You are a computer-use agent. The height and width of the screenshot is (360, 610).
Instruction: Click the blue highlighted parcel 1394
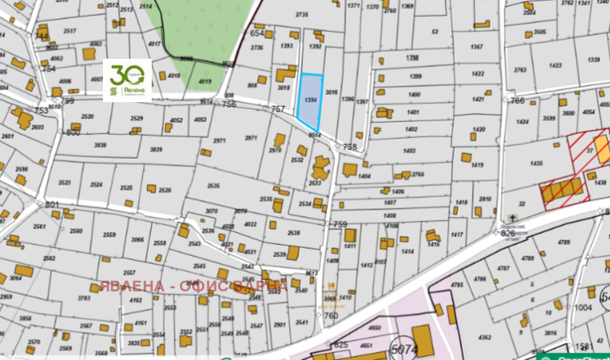click(x=309, y=101)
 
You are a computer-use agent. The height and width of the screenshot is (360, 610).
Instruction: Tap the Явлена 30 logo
click(x=127, y=79)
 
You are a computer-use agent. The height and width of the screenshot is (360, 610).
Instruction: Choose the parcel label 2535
click(x=213, y=185)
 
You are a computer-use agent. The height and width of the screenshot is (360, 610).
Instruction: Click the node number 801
click(x=52, y=204)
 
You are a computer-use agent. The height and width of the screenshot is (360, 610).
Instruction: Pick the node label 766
click(x=518, y=101)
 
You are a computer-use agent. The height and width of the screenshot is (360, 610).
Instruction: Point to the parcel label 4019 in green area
click(x=204, y=81)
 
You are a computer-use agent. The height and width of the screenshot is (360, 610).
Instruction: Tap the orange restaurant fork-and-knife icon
click(x=331, y=288)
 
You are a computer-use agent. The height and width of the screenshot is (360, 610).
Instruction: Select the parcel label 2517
click(x=69, y=31)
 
